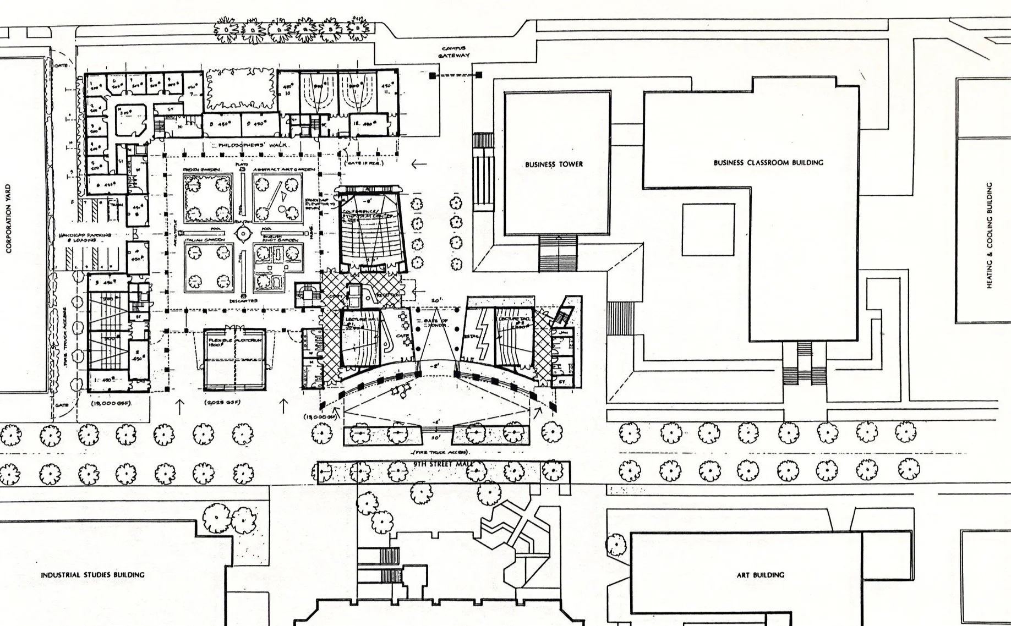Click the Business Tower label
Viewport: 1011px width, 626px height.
[x=554, y=164]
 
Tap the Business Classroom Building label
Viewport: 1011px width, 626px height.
[x=768, y=162]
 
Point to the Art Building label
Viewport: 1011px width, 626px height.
[x=761, y=575]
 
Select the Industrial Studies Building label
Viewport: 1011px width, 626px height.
[x=92, y=575]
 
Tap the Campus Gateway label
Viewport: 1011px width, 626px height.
[x=454, y=52]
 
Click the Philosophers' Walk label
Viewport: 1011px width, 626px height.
[x=253, y=145]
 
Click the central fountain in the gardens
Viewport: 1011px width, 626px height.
[x=243, y=234]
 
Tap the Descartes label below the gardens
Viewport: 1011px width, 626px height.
[x=243, y=301]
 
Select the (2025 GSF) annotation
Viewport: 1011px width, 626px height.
[x=221, y=403]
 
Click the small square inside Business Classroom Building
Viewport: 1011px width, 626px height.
[x=708, y=229]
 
